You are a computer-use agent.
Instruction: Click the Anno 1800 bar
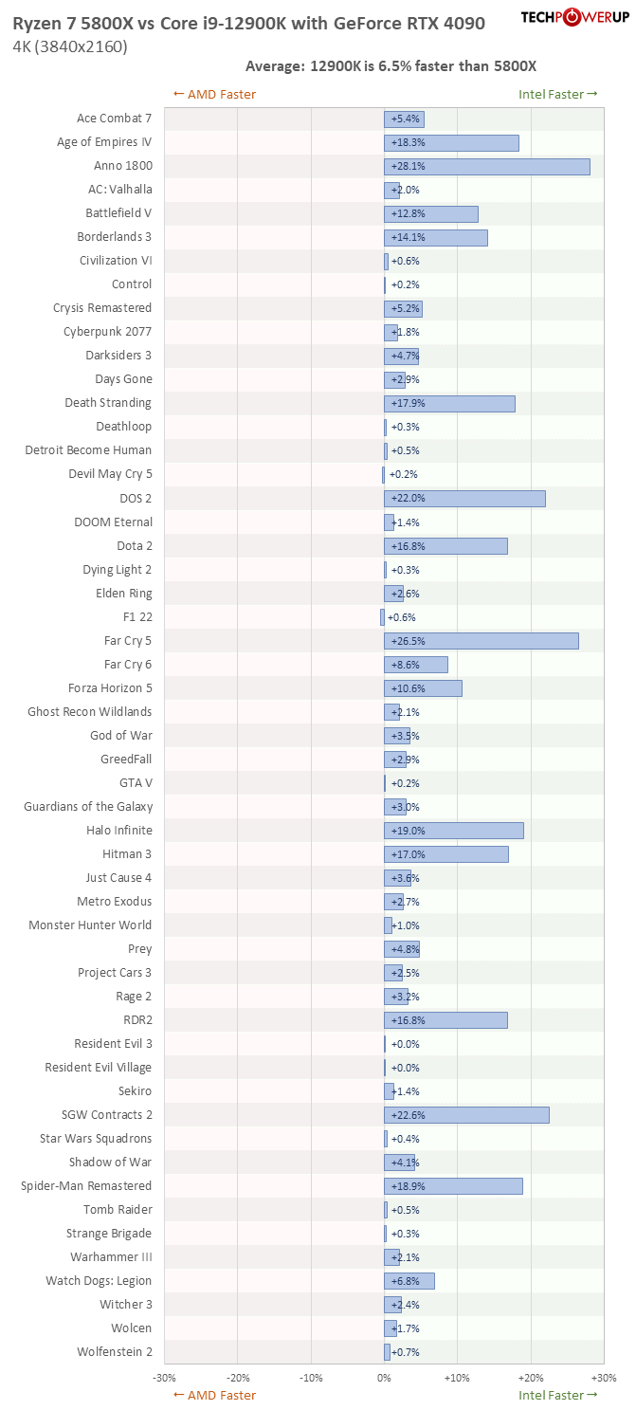[x=487, y=166]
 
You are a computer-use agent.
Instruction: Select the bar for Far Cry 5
[x=482, y=641]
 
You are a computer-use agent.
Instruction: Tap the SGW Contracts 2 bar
[x=466, y=1115]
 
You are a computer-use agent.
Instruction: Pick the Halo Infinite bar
[x=454, y=831]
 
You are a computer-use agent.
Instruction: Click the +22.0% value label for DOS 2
[x=409, y=498]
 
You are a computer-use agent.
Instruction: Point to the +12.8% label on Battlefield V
[x=409, y=213]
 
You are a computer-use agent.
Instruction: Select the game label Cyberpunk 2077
[x=107, y=332]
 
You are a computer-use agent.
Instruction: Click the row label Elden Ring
[x=124, y=593]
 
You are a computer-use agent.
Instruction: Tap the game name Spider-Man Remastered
[x=86, y=1186]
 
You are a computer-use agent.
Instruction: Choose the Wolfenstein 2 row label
[x=115, y=1351]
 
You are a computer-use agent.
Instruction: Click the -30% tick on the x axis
[x=164, y=1377]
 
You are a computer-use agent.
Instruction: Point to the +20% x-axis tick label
[x=531, y=1377]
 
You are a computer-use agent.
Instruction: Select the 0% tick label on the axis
[x=385, y=1377]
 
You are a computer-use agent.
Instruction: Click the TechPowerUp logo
[x=575, y=17]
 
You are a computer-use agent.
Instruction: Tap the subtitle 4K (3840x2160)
[x=70, y=46]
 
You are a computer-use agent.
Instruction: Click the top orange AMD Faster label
[x=215, y=95]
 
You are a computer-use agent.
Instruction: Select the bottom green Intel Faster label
[x=557, y=1395]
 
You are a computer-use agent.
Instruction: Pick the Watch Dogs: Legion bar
[x=409, y=1280]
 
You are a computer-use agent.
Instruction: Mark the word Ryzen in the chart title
[x=35, y=24]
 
